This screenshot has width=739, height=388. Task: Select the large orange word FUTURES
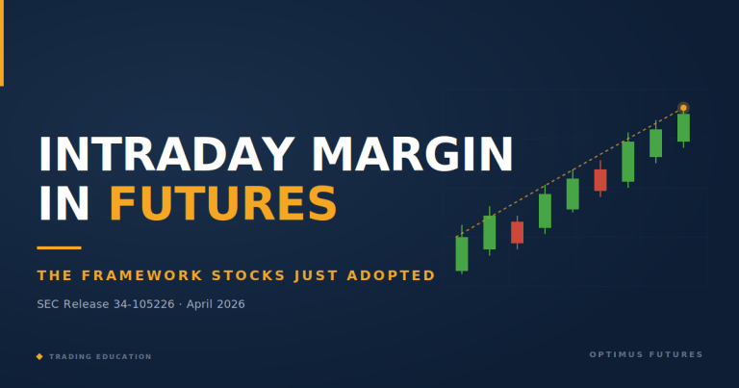222,203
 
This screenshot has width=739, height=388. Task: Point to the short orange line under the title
59,247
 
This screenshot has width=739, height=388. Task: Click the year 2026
228,304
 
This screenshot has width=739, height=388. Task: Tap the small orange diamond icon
39,356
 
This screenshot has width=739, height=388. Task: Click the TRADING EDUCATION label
100,356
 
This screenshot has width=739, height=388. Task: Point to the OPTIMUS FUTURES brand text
646,354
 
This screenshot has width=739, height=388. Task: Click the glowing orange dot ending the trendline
683,108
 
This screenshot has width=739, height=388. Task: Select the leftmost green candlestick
462,253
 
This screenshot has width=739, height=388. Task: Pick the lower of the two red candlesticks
517,232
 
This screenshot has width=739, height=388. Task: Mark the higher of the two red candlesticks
600,180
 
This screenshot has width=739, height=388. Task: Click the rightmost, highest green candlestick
683,128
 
